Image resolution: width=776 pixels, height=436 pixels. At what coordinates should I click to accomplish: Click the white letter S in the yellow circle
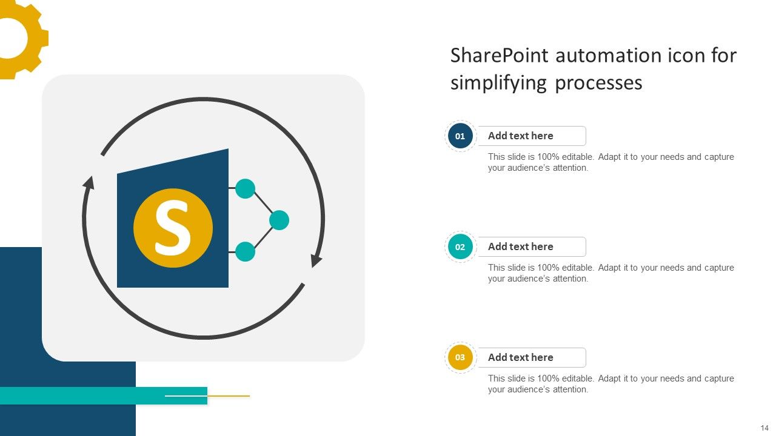tap(173, 228)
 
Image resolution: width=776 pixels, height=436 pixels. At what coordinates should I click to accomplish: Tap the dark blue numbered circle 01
tap(460, 136)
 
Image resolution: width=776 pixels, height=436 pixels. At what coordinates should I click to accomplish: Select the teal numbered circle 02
tap(460, 247)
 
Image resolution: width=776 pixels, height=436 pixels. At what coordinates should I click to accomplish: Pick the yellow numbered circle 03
tap(460, 358)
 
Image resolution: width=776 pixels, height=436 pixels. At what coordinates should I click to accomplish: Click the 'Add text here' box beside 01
tap(532, 136)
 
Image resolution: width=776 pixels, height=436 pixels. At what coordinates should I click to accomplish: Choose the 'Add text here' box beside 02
tap(532, 247)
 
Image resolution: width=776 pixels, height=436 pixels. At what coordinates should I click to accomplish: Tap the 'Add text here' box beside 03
tap(532, 358)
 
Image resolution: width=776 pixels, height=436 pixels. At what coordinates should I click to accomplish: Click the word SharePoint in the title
tap(499, 56)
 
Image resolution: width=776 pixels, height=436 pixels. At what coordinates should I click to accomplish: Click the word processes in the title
tap(598, 82)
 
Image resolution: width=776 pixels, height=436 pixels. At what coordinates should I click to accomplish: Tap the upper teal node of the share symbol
tap(245, 188)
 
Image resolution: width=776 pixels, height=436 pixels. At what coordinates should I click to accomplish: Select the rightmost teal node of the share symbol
tap(279, 220)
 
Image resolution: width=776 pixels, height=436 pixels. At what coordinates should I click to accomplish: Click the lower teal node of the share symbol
tap(245, 251)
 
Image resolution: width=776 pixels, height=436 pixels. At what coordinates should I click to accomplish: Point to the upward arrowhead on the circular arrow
tap(89, 183)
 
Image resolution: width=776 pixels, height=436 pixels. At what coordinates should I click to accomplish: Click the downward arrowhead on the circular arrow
tap(316, 261)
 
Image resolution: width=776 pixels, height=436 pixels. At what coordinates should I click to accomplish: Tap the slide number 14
tap(764, 428)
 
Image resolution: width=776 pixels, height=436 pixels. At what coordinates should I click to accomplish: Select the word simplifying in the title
tap(498, 82)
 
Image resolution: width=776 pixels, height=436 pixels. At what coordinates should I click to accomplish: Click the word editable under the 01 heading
tap(577, 157)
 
